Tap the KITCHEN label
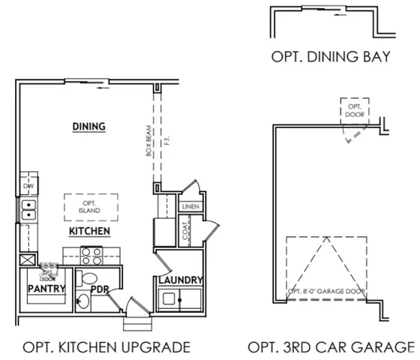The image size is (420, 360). tap(90, 231)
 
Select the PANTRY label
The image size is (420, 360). tap(46, 288)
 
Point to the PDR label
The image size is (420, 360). tap(100, 289)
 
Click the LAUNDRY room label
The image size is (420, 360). tap(180, 280)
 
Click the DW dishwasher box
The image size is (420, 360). tap(27, 184)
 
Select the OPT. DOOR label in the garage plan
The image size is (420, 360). tap(353, 112)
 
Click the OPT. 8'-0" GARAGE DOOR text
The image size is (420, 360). tap(327, 291)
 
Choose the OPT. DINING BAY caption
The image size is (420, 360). tap(331, 56)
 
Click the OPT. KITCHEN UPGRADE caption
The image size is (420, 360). tap(106, 346)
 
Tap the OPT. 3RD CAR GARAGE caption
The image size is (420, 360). tap(331, 346)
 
